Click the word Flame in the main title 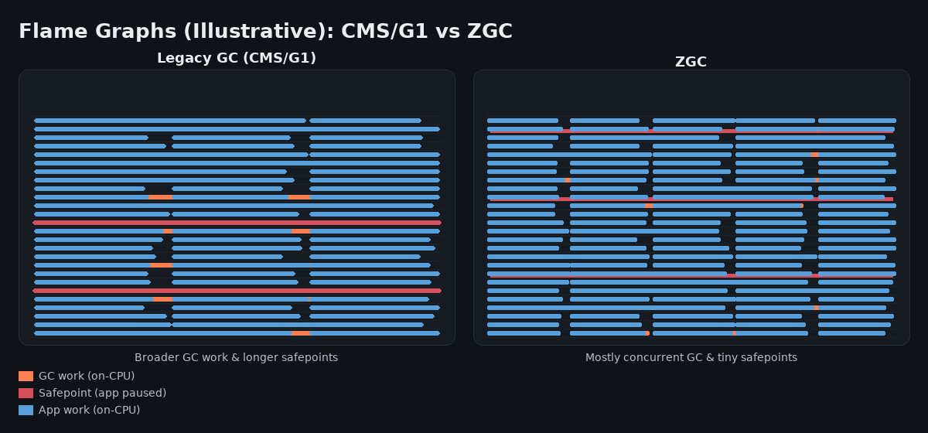click(49, 32)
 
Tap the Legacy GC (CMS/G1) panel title click(237, 58)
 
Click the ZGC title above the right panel click(691, 62)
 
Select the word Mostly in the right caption click(608, 357)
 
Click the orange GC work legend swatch click(26, 377)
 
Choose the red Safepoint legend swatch click(26, 394)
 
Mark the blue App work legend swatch click(26, 411)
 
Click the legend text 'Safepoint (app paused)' click(102, 394)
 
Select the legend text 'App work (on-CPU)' click(89, 411)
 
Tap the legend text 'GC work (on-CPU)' click(87, 377)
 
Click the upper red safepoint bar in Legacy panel click(237, 223)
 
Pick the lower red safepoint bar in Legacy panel click(237, 291)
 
